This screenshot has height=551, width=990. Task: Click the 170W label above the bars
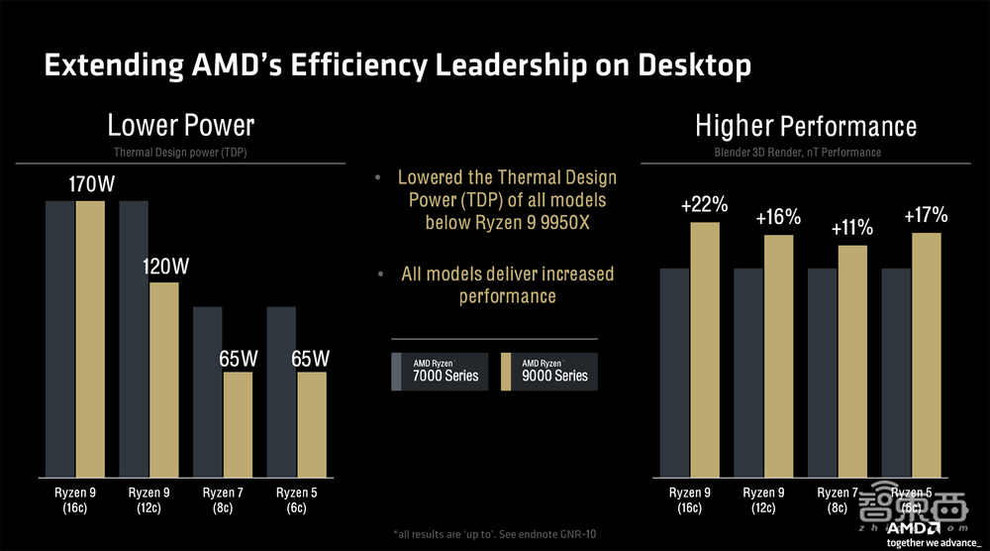[x=90, y=184]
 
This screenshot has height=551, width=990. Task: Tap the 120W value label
[x=164, y=267]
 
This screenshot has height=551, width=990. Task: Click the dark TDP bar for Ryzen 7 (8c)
[x=208, y=390]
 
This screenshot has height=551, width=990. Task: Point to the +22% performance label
[x=705, y=206]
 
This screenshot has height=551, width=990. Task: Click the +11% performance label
[x=852, y=228]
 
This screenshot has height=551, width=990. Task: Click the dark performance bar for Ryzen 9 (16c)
[x=675, y=372]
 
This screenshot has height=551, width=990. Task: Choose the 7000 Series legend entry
[x=440, y=371]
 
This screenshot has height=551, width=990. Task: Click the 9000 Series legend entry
[x=549, y=371]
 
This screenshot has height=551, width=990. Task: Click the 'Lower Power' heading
[x=181, y=125]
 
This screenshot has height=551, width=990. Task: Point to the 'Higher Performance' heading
[x=806, y=126]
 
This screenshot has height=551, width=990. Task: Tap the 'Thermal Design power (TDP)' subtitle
[x=181, y=153]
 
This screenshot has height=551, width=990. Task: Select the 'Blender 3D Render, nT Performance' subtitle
[x=798, y=153]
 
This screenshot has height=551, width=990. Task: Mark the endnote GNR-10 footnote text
[x=496, y=535]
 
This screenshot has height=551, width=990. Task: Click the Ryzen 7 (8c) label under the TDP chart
[x=224, y=499]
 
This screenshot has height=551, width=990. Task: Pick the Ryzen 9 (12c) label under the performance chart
[x=764, y=499]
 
